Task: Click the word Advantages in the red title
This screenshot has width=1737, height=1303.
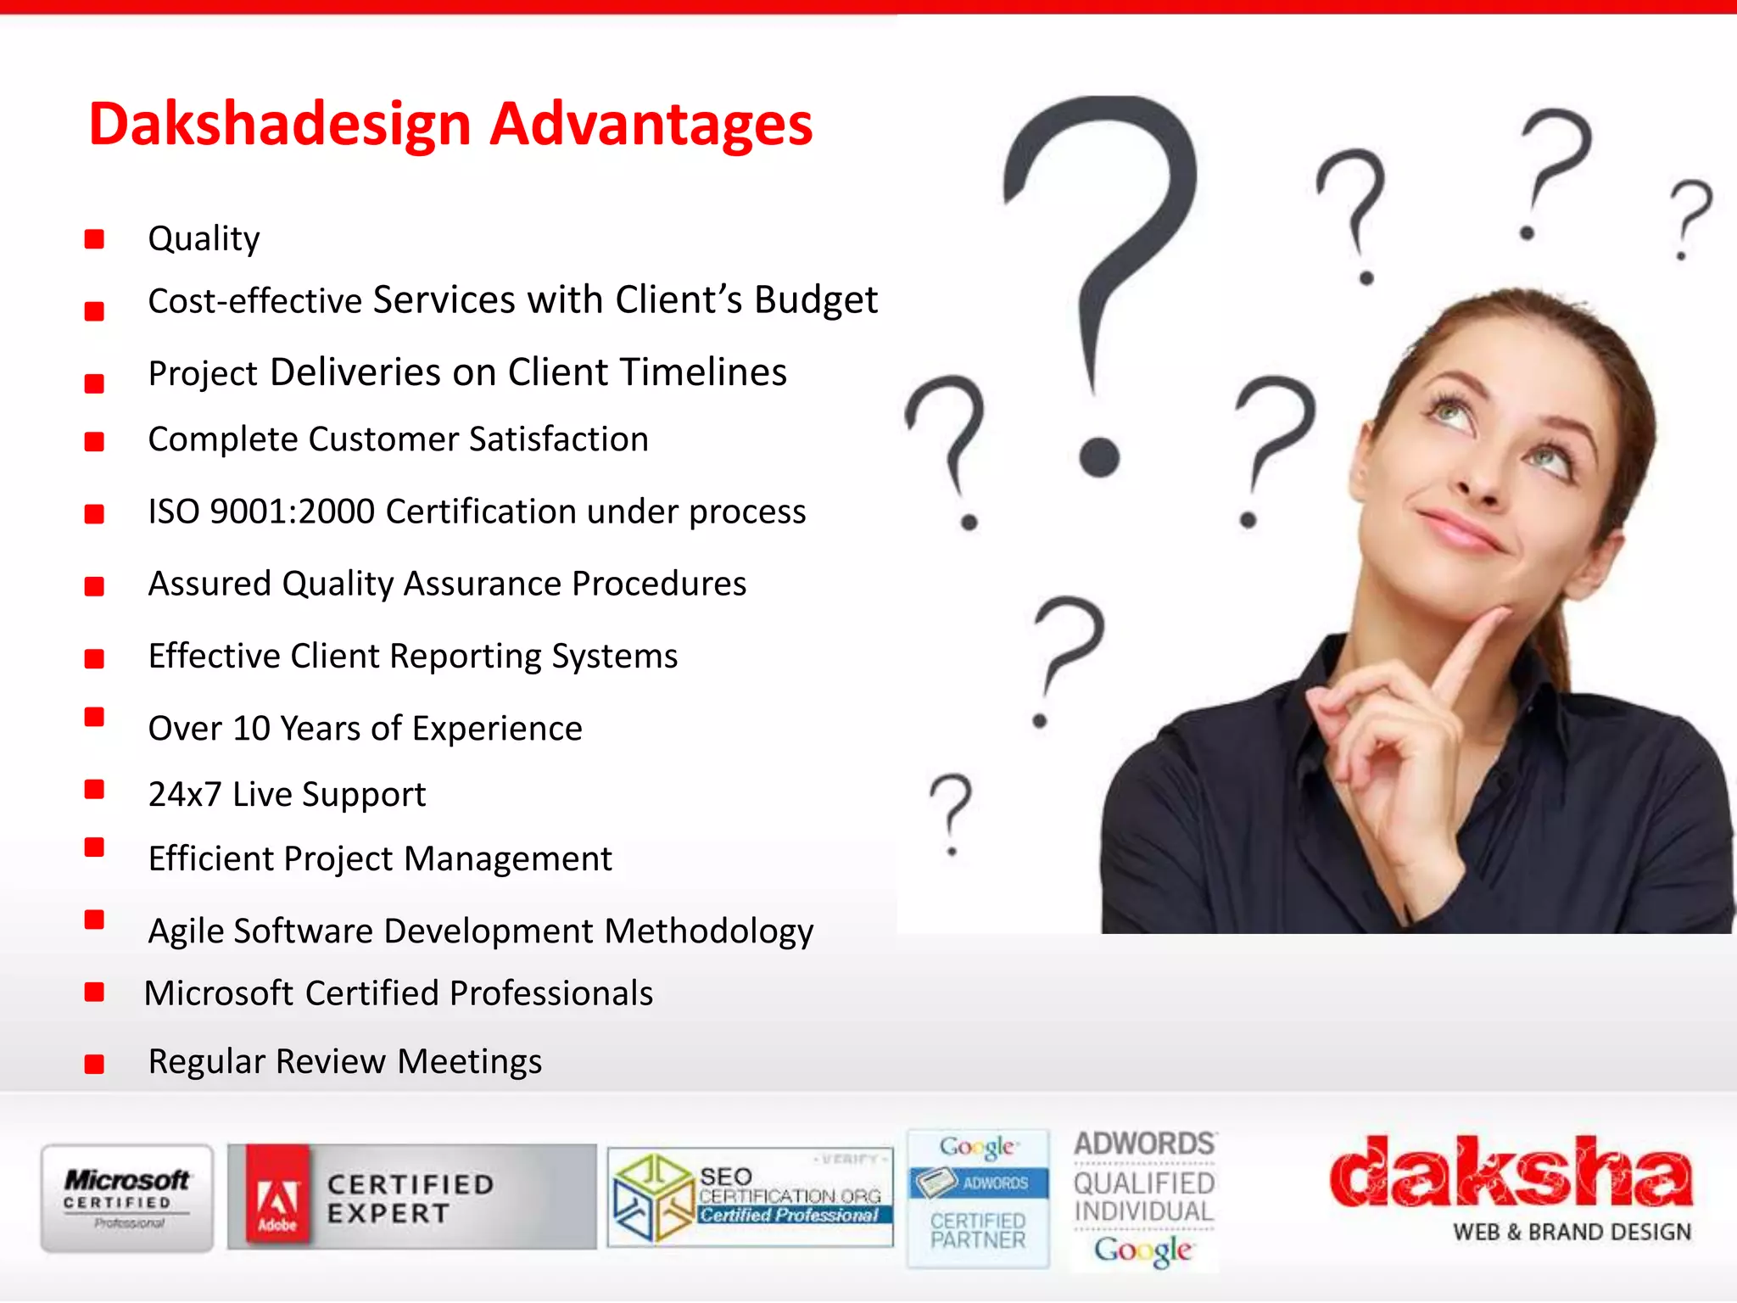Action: pos(651,125)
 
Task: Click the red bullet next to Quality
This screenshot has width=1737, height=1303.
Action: pos(94,239)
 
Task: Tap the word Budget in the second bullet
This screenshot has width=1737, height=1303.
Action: pos(816,300)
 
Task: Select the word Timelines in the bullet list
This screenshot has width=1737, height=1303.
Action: pos(703,372)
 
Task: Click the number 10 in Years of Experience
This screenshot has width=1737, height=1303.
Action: pos(251,729)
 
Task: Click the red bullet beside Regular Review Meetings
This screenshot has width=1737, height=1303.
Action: pos(94,1064)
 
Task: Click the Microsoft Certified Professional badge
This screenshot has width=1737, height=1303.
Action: pos(127,1198)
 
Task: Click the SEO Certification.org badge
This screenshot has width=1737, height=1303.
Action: pos(751,1198)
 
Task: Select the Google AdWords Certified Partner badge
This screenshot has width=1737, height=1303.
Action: pos(978,1198)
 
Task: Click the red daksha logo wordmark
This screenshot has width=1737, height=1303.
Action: pos(1511,1172)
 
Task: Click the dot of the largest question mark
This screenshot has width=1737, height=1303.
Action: pos(1100,457)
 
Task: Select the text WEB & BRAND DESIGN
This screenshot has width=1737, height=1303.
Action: pos(1572,1233)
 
